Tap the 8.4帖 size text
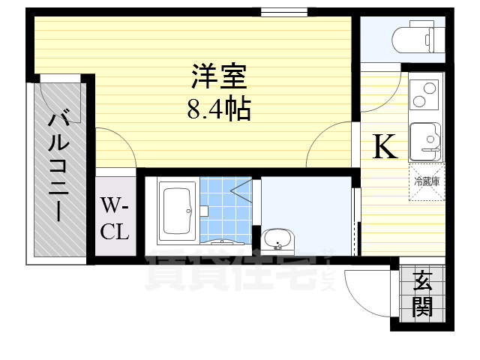point(219,111)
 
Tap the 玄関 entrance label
point(423,294)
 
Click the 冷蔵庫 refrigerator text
point(426,181)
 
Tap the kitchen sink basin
point(424,139)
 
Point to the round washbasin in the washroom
point(280,241)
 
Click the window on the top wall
point(284,12)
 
